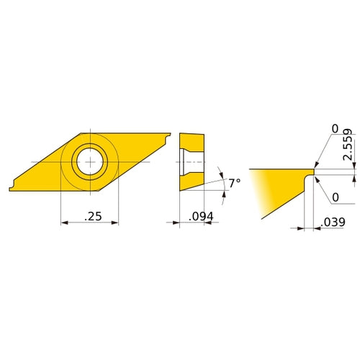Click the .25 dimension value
(91, 216)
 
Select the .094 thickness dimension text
(201, 216)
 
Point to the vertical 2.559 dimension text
(348, 145)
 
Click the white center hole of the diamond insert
(91, 162)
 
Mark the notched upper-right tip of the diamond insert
(169, 134)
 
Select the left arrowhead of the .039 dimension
(302, 229)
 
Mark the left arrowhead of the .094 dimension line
(181, 223)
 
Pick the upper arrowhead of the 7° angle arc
(222, 173)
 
